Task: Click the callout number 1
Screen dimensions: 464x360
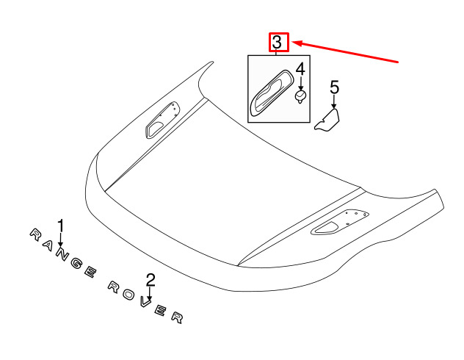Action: point(61,226)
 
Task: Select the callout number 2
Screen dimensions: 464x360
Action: point(151,280)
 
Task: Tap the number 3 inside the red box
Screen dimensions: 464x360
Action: point(277,43)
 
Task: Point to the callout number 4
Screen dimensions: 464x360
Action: point(300,69)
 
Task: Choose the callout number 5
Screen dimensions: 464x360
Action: point(334,87)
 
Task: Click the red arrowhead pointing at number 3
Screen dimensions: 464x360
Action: point(297,43)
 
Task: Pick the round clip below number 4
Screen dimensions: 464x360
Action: point(301,98)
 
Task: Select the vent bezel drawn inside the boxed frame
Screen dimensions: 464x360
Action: point(272,93)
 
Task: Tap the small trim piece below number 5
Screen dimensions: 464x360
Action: point(327,120)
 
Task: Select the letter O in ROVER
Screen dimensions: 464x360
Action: point(128,295)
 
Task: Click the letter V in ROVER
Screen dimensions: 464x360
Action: point(145,303)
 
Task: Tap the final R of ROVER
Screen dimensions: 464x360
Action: point(178,317)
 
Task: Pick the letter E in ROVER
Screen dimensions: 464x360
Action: point(161,311)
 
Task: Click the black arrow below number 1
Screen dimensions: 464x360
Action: point(61,240)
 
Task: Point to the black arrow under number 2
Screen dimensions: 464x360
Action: point(151,295)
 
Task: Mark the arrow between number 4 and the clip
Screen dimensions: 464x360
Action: point(301,84)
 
